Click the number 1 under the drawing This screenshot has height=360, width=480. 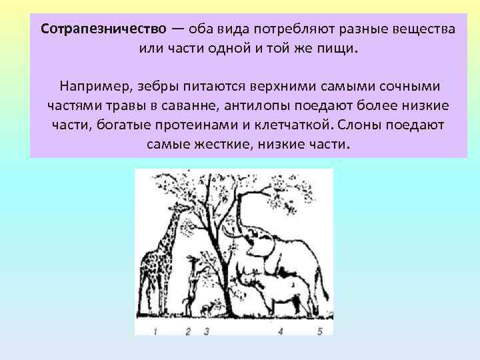pos(155,331)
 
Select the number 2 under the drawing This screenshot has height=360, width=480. pos(188,331)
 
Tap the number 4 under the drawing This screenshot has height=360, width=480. pos(280,331)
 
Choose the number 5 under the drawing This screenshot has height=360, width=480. pos(320,331)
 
